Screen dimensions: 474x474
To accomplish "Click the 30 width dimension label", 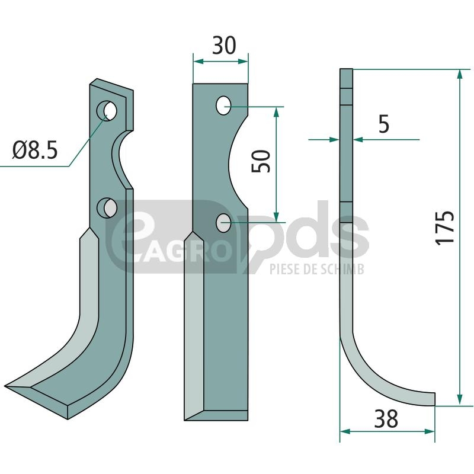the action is (224, 46).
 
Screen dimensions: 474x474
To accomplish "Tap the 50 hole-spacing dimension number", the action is (261, 161).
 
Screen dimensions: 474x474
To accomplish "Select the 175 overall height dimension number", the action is (445, 227).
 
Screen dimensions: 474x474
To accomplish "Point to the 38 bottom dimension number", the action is (386, 419).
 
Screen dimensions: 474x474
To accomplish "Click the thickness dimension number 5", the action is (383, 124).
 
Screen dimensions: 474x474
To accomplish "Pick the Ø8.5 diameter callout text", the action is (35, 150).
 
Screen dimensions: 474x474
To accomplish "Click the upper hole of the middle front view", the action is (223, 105).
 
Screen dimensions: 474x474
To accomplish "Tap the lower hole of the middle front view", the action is (223, 223).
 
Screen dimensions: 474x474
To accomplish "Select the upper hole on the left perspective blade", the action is (107, 111).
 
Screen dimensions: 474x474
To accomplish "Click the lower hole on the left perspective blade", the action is (107, 208).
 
